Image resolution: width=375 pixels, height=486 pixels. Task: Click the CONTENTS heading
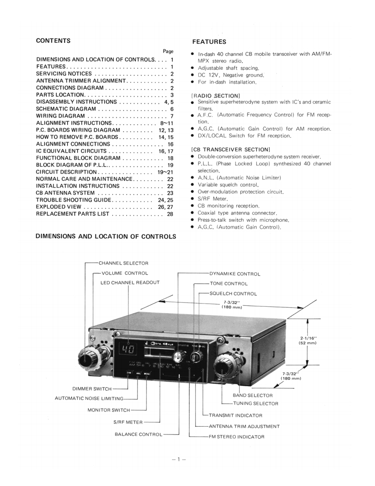[x=53, y=41]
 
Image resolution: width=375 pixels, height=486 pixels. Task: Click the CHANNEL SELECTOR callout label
[x=123, y=263]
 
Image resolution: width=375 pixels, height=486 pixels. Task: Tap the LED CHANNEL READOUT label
[x=130, y=282]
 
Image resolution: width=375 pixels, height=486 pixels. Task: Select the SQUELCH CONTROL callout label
[x=233, y=294]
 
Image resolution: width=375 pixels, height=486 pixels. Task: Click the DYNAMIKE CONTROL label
[x=235, y=274]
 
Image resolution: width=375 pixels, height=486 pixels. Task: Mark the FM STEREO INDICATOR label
[x=236, y=437]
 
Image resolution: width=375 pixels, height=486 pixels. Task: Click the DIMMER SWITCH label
[x=91, y=389]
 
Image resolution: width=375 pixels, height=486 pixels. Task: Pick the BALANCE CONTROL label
[x=139, y=434]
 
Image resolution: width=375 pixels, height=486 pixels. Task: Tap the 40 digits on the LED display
[x=125, y=349]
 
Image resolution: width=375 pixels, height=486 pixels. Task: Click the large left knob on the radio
[x=87, y=359]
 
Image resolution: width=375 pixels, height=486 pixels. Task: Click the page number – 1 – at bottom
[x=178, y=459]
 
